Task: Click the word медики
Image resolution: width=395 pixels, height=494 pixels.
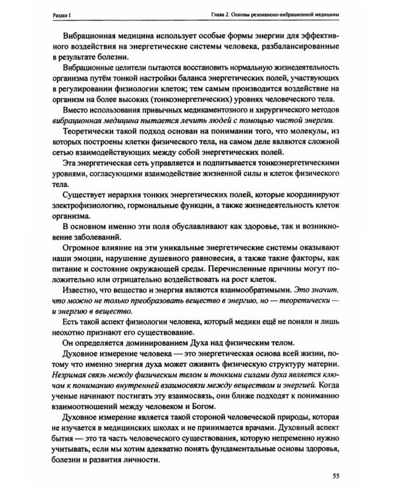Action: point(252,318)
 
